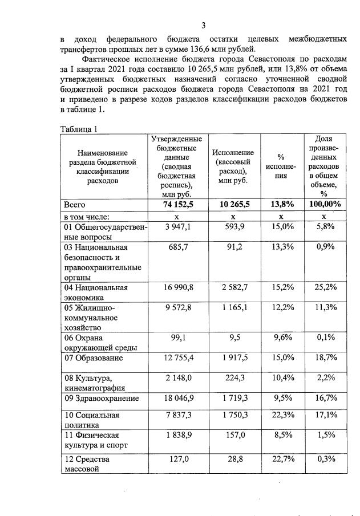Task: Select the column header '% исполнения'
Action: (x=281, y=166)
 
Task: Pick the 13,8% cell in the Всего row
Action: (x=281, y=204)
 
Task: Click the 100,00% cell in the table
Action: (x=323, y=204)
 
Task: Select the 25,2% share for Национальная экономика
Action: (x=323, y=287)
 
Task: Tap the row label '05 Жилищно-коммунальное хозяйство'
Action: (x=91, y=317)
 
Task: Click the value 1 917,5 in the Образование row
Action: (x=233, y=358)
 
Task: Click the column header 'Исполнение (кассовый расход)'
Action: (x=233, y=166)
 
